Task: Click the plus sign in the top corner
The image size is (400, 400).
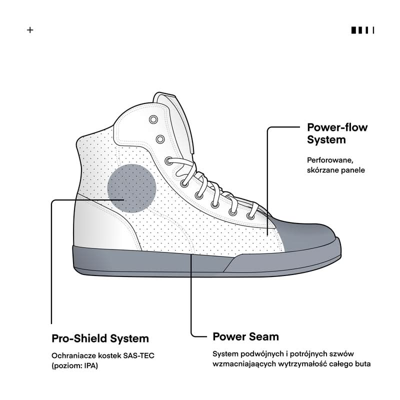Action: [x=30, y=30]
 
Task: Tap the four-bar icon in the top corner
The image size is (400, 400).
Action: [x=362, y=30]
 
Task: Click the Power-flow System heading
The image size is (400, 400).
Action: [x=337, y=133]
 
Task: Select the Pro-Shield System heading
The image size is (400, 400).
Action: [x=100, y=338]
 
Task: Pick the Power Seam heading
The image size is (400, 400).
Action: [x=245, y=336]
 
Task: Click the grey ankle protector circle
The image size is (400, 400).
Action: [x=132, y=188]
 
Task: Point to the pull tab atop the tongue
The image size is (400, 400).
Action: [x=165, y=95]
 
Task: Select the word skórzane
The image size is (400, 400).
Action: [x=324, y=170]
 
